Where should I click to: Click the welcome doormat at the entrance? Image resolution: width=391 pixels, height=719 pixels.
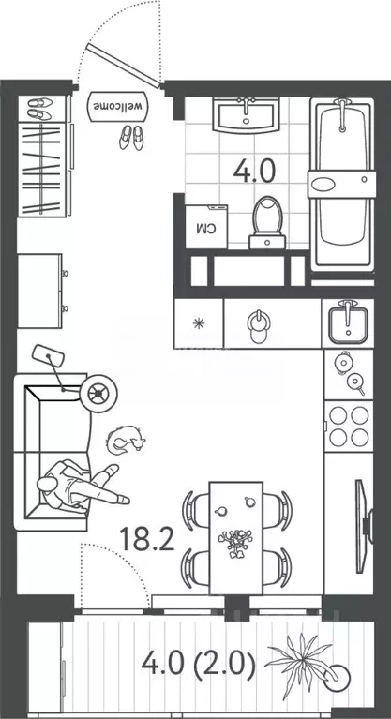[119, 106]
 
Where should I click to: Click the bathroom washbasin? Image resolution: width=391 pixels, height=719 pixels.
[247, 117]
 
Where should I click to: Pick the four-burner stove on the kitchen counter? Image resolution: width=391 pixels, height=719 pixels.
[349, 427]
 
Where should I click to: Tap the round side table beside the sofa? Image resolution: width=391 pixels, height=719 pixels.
[98, 394]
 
